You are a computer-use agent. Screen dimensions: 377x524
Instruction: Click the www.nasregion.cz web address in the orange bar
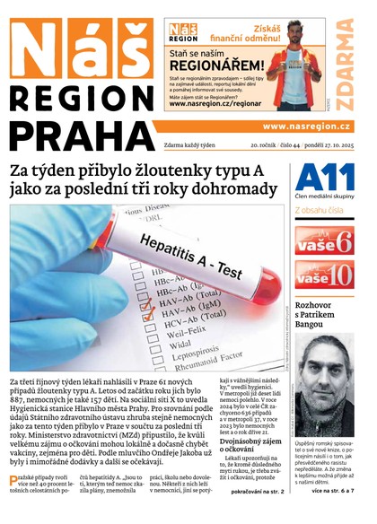coord(306,127)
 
